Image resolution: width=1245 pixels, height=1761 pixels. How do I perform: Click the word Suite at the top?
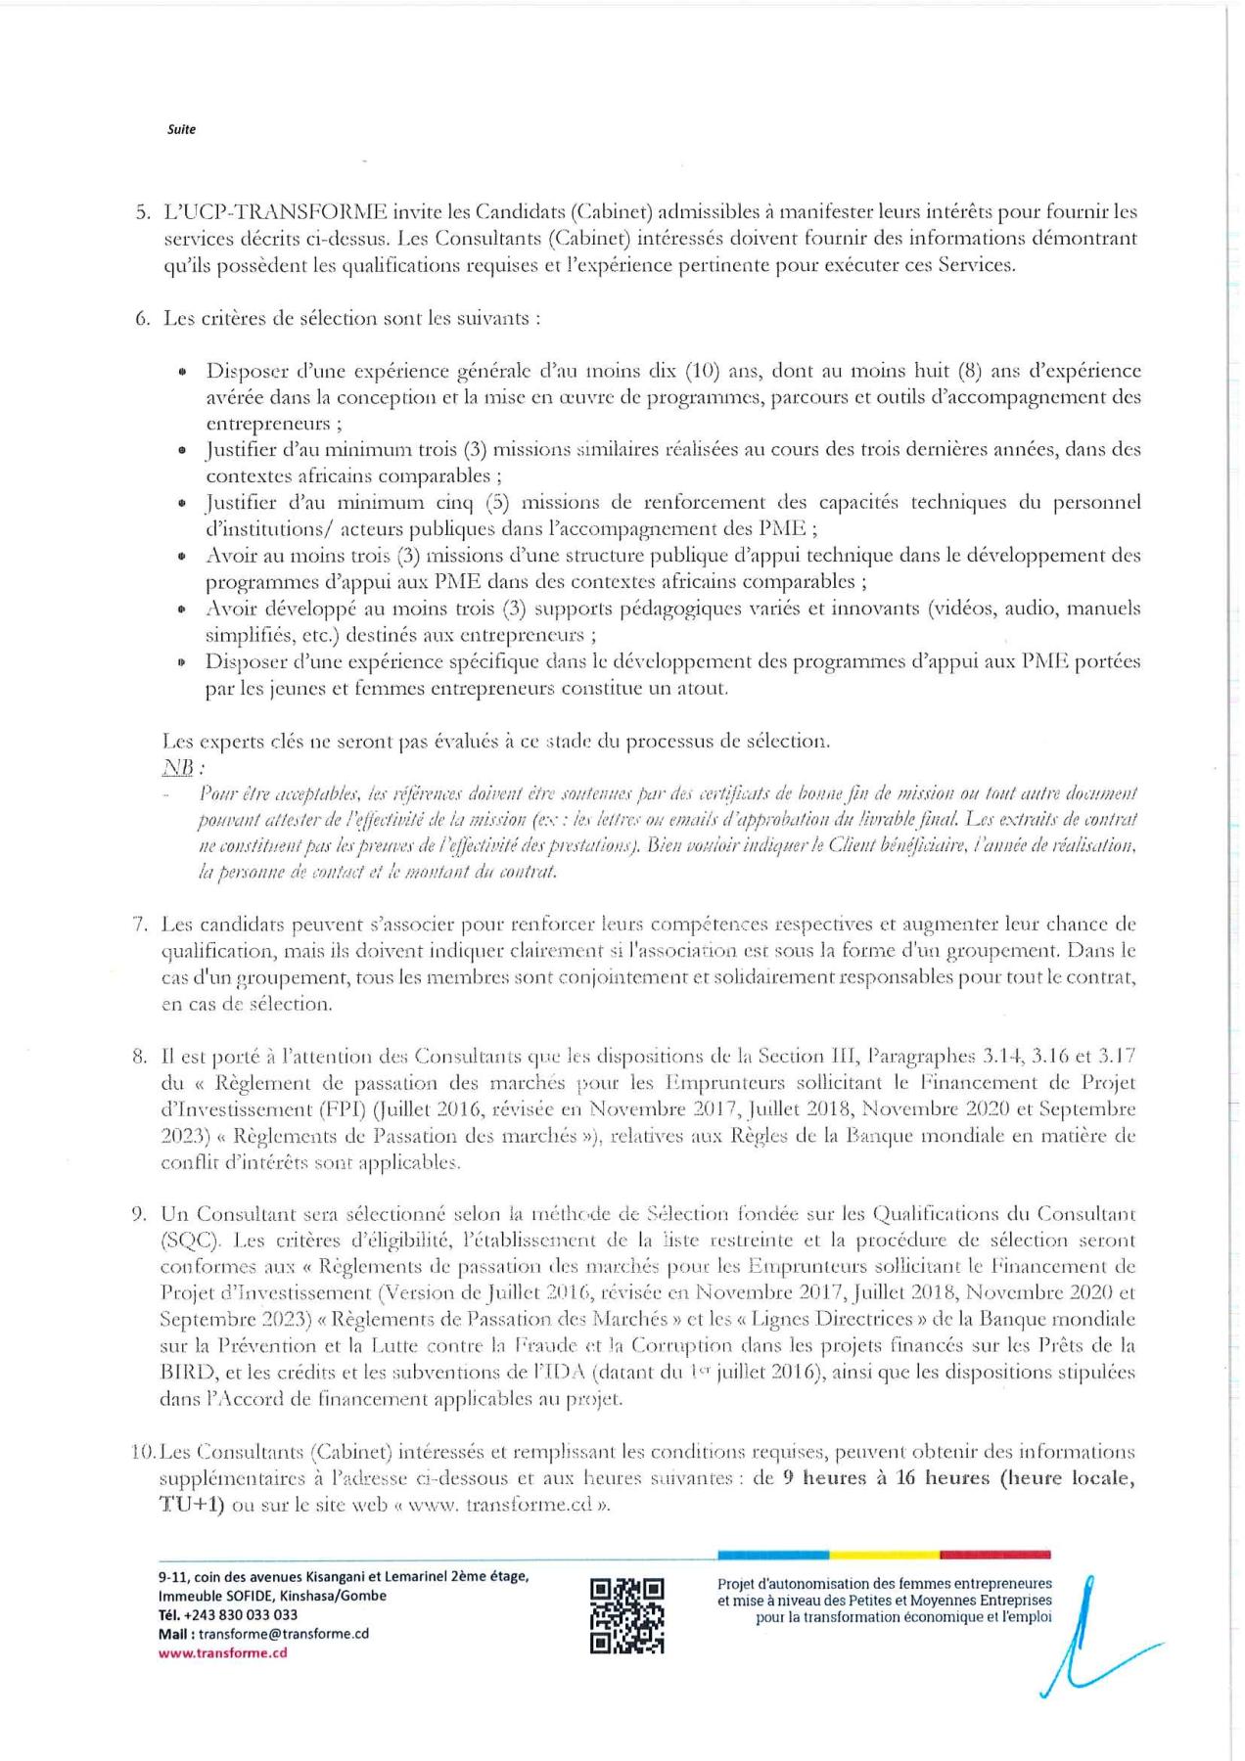(x=181, y=129)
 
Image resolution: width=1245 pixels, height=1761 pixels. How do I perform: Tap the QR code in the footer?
(x=626, y=1615)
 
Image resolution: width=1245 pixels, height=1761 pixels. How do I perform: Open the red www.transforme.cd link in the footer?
(x=222, y=1653)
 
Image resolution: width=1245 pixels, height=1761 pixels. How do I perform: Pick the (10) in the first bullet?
(x=703, y=371)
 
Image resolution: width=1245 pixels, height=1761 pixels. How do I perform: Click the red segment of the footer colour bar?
(x=994, y=1555)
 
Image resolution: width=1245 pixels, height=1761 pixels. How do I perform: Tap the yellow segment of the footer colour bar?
(x=884, y=1555)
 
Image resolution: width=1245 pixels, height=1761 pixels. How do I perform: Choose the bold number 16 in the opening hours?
(x=905, y=1478)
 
